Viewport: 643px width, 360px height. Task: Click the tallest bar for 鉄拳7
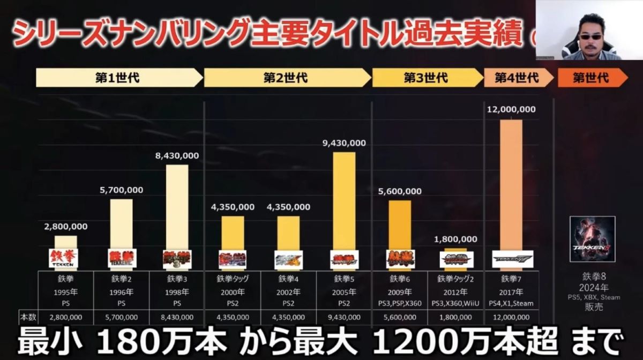[x=511, y=185]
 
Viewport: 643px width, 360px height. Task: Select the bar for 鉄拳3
[x=177, y=206]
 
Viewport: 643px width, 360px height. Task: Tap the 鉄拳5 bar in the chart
[x=344, y=201]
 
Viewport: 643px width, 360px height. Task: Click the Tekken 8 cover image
[x=592, y=239]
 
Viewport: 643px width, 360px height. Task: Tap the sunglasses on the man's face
[x=591, y=29]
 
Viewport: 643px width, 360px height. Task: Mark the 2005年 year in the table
[x=344, y=292]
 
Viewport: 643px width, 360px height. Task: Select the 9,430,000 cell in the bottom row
[x=344, y=317]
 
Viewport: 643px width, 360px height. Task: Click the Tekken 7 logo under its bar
[x=512, y=259]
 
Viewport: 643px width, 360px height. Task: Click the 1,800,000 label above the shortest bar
[x=455, y=239]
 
